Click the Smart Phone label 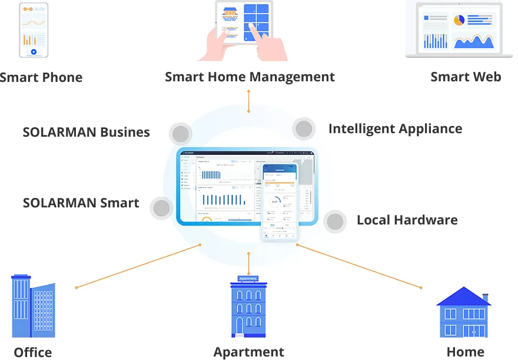[x=41, y=77]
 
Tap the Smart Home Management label [x=250, y=77]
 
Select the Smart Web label [x=466, y=77]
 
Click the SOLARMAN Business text [x=86, y=132]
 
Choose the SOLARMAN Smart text [x=81, y=203]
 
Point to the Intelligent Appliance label [x=395, y=128]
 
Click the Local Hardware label [x=407, y=220]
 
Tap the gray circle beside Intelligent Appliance [x=304, y=129]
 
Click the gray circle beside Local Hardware [x=335, y=222]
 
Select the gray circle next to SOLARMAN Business [x=180, y=134]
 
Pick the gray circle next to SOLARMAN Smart [x=161, y=208]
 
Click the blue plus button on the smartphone [x=34, y=52]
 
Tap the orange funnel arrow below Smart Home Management [x=248, y=95]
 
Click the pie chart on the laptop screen [x=459, y=20]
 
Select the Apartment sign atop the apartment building [x=248, y=278]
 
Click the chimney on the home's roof [x=485, y=298]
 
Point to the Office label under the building [x=33, y=352]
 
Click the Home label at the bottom [x=465, y=352]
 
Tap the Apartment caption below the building [x=248, y=352]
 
